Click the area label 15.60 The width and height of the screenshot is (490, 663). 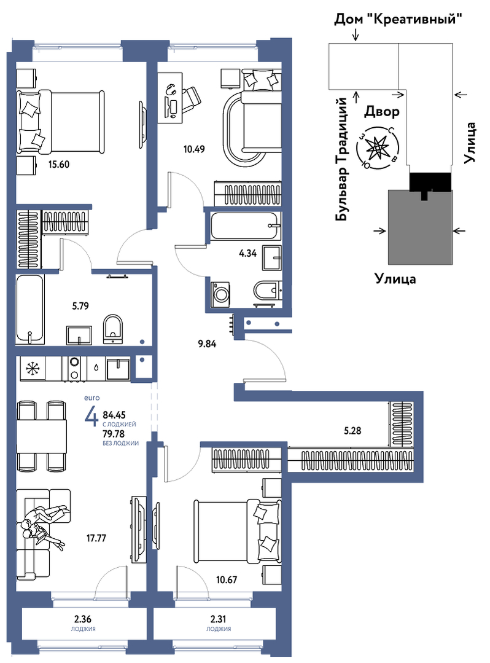(x=59, y=165)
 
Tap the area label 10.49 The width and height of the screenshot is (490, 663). (x=194, y=149)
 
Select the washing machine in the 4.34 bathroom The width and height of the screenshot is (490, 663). (x=220, y=294)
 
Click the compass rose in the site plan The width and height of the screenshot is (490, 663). (x=376, y=147)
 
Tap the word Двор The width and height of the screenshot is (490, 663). (x=382, y=112)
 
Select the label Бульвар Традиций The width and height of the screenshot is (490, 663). (x=342, y=159)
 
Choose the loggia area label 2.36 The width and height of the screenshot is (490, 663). (x=84, y=620)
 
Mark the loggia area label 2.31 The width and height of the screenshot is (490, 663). (x=219, y=620)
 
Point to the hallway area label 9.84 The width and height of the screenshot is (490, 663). (x=207, y=344)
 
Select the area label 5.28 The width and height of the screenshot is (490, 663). (x=352, y=431)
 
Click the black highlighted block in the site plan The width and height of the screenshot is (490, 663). (x=430, y=184)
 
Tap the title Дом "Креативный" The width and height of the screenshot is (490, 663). (x=397, y=19)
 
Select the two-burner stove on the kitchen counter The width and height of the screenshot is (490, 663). (x=75, y=369)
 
